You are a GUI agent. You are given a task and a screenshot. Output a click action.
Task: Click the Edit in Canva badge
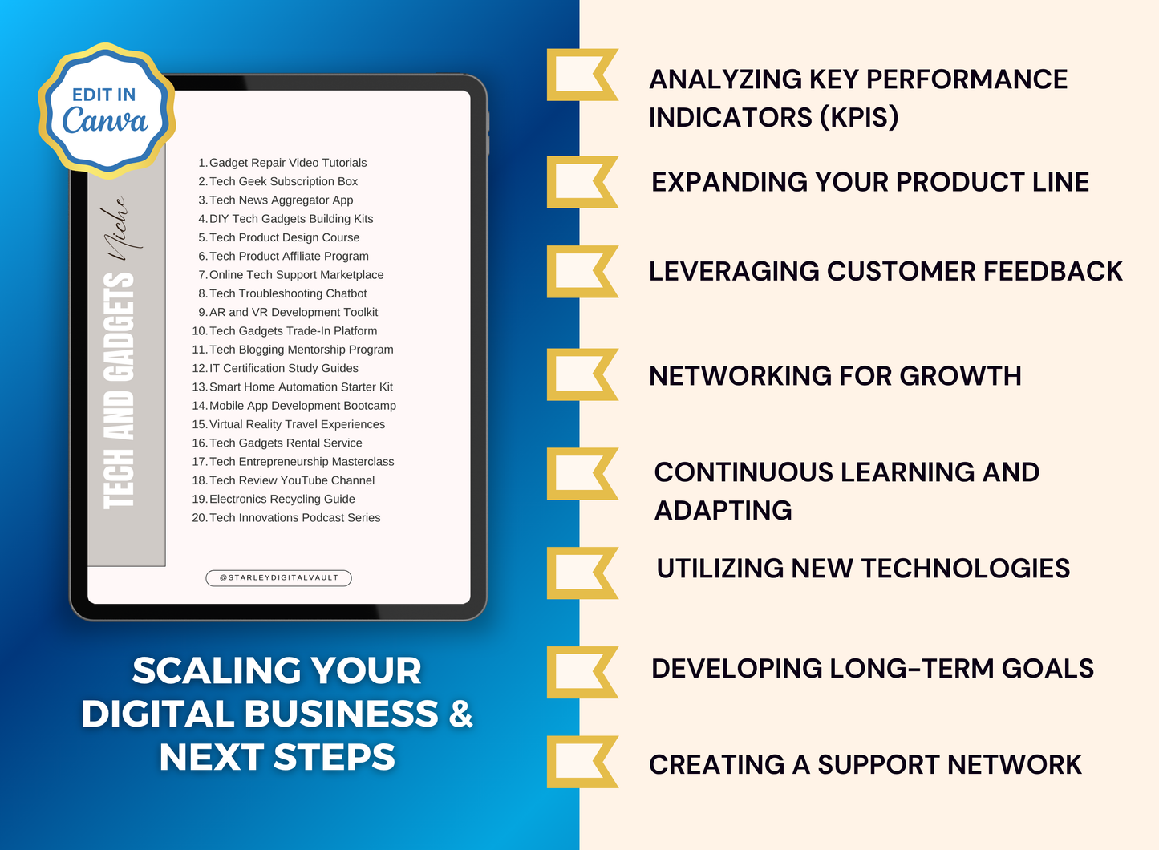[106, 110]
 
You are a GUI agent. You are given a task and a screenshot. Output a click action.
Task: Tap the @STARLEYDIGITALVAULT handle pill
[278, 577]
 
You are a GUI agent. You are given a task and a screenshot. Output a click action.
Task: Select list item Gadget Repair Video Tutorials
[287, 163]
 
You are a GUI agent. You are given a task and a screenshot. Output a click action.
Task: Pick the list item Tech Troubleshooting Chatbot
[287, 293]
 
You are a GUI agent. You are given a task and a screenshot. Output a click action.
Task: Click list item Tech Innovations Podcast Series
[294, 518]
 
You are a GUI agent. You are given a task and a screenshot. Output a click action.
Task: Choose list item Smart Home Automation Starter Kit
[301, 387]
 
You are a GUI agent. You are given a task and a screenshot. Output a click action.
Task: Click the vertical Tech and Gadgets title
[119, 390]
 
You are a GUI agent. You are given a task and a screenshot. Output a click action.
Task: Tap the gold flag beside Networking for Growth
[581, 374]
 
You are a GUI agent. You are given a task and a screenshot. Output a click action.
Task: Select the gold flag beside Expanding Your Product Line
[581, 182]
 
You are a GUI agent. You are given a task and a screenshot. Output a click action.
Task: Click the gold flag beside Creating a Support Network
[581, 762]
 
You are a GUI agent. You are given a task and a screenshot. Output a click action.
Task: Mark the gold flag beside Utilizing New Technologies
[581, 573]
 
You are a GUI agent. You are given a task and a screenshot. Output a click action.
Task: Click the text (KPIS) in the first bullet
[858, 118]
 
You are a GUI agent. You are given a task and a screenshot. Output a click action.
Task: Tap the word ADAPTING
[723, 511]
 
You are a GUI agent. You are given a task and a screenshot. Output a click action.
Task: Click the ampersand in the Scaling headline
[460, 714]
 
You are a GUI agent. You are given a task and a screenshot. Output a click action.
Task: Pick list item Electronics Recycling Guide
[282, 500]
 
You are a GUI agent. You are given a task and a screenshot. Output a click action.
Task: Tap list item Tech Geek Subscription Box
[283, 182]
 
